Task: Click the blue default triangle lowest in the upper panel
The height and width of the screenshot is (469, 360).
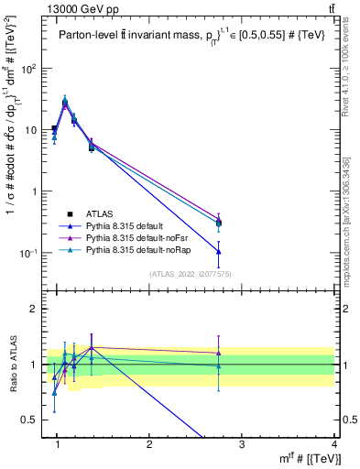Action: [x=218, y=251]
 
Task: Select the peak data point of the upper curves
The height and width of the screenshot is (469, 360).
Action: [x=65, y=102]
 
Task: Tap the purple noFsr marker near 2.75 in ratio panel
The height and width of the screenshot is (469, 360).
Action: [x=218, y=353]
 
